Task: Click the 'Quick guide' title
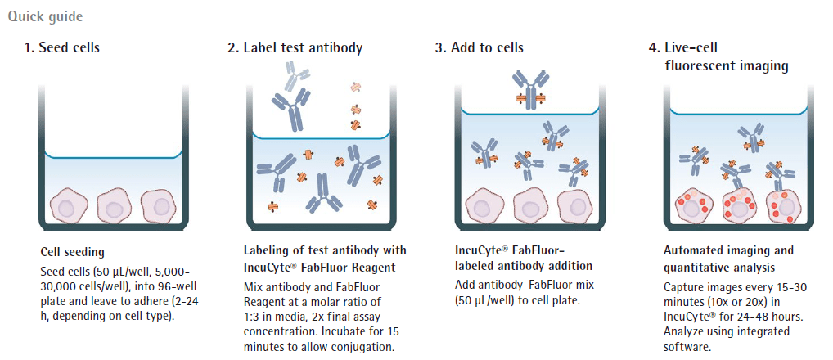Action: (45, 16)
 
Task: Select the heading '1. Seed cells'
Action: (61, 47)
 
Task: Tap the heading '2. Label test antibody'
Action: (295, 47)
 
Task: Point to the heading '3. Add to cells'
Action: (480, 47)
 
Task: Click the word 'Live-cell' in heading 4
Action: (691, 47)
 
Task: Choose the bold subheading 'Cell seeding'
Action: (67, 252)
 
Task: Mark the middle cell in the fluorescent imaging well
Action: (738, 206)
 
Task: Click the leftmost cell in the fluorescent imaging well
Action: (693, 206)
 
